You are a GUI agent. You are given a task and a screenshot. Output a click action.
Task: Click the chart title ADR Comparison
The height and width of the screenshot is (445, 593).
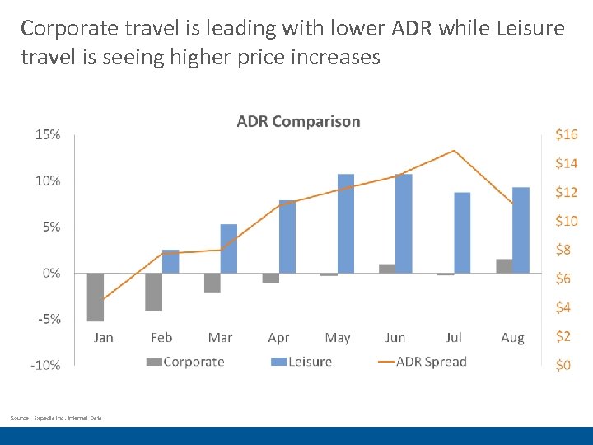(298, 121)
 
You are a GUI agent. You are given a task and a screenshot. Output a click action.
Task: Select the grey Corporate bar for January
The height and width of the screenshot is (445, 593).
(96, 297)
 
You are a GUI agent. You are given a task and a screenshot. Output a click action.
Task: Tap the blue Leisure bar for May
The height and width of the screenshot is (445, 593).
(346, 223)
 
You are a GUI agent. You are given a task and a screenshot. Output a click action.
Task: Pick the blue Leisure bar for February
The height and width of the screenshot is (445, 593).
(170, 261)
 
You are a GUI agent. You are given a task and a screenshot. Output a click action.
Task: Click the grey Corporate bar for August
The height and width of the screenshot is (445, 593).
(504, 265)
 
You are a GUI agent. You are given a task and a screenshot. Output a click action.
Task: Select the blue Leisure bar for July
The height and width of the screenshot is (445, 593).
(462, 232)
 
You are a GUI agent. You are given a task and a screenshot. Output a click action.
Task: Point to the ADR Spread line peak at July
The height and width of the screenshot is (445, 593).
(454, 151)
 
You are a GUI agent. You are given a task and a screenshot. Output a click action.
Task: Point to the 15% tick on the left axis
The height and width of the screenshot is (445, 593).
(47, 134)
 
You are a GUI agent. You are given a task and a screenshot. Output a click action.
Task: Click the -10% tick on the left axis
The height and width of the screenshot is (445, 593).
(45, 365)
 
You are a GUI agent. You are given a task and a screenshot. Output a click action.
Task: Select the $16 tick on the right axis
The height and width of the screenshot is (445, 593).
(567, 134)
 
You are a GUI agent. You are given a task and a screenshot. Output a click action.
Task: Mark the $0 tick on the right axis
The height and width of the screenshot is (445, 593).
(563, 365)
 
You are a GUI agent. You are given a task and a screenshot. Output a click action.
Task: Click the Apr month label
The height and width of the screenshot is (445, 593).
(278, 338)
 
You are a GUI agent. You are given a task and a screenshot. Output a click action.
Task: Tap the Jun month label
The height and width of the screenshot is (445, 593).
(395, 338)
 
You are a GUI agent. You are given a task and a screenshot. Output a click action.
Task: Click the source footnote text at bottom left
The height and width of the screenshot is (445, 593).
(56, 419)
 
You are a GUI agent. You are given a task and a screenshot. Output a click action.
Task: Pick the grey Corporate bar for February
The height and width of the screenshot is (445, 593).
(153, 292)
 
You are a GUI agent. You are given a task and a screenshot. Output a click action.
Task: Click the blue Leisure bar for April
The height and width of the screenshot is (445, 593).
(287, 237)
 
